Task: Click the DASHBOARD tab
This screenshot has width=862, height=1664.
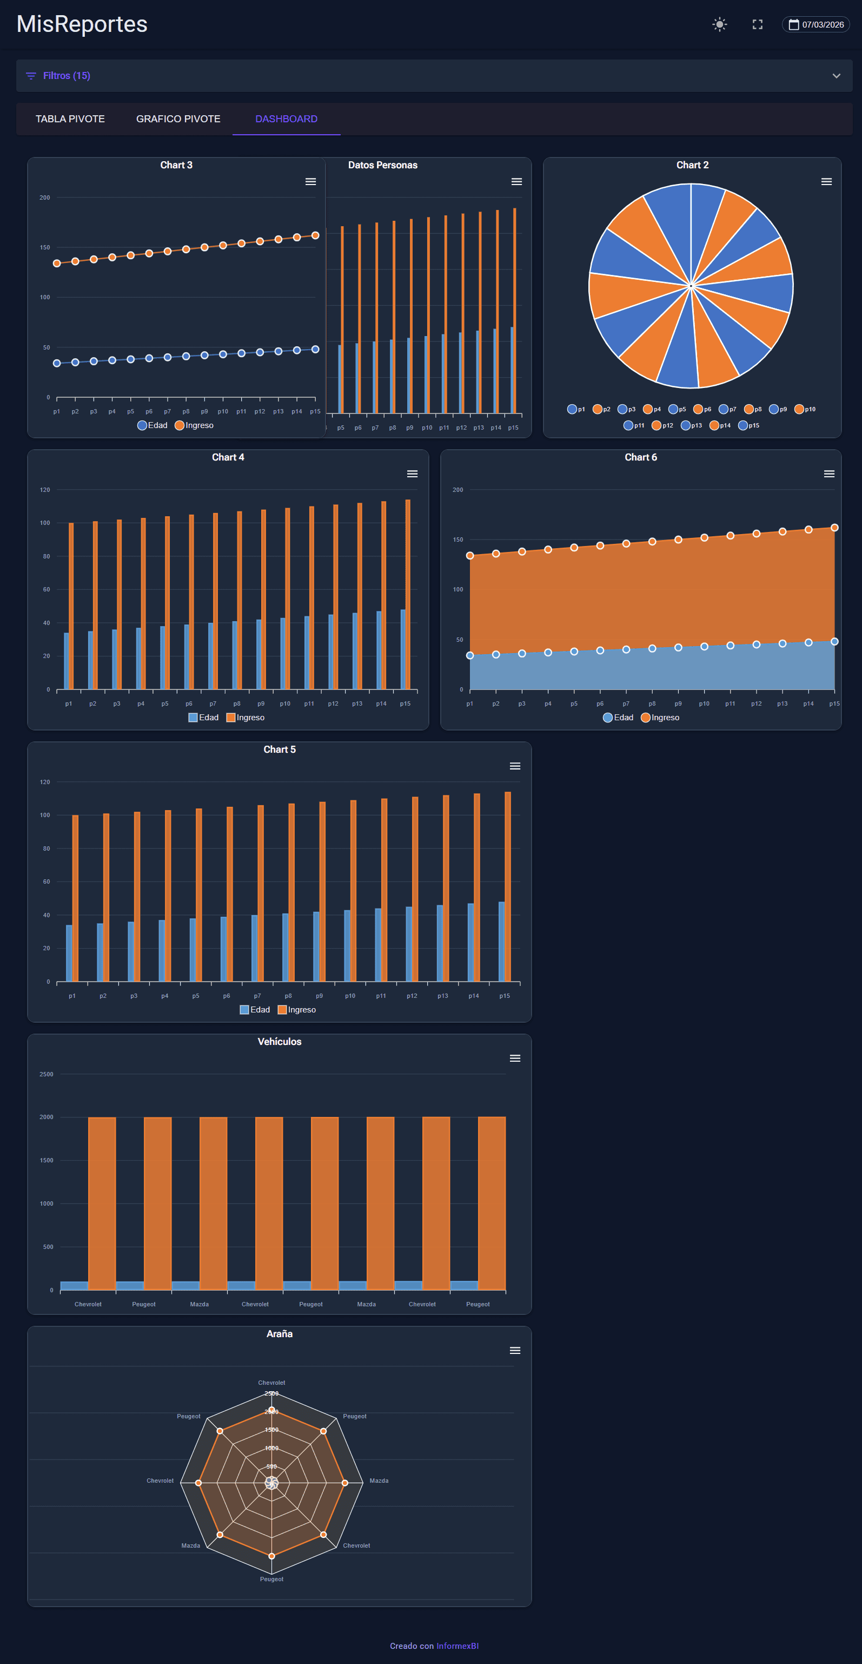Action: click(286, 119)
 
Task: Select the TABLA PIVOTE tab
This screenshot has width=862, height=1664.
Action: click(70, 119)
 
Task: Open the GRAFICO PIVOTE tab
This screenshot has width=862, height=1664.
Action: click(178, 119)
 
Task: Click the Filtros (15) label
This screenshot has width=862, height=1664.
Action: click(67, 76)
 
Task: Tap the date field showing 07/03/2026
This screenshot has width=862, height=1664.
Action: click(816, 24)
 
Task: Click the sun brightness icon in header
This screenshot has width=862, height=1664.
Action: click(719, 24)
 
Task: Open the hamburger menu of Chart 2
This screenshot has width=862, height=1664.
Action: click(826, 181)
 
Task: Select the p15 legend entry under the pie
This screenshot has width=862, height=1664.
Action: click(749, 425)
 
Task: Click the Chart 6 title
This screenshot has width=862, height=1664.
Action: click(640, 457)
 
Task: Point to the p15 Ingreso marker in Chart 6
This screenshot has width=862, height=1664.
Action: click(834, 528)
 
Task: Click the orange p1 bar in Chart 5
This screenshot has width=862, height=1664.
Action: click(76, 898)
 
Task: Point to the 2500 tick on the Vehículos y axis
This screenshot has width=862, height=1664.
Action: click(47, 1074)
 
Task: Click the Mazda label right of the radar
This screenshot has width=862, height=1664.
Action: click(379, 1481)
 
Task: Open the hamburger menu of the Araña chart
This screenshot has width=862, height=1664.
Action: click(515, 1351)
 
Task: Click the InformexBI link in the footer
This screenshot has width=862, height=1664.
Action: click(457, 1646)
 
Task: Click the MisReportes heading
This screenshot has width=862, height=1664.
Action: click(82, 24)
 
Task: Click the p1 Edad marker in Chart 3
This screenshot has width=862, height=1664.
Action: click(57, 363)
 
